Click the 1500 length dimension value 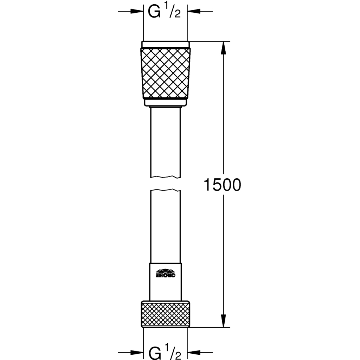coord(223,185)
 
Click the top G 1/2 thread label coord(165,12)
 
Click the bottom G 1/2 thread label coord(165,352)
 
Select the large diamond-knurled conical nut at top coord(165,73)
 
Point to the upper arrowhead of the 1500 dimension coord(223,47)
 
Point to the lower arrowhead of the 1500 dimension coord(223,322)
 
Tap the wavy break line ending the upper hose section coord(165,176)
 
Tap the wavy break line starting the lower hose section coord(165,191)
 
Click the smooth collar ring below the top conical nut coord(165,102)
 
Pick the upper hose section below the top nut coord(165,141)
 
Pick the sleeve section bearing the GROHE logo coord(165,281)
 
